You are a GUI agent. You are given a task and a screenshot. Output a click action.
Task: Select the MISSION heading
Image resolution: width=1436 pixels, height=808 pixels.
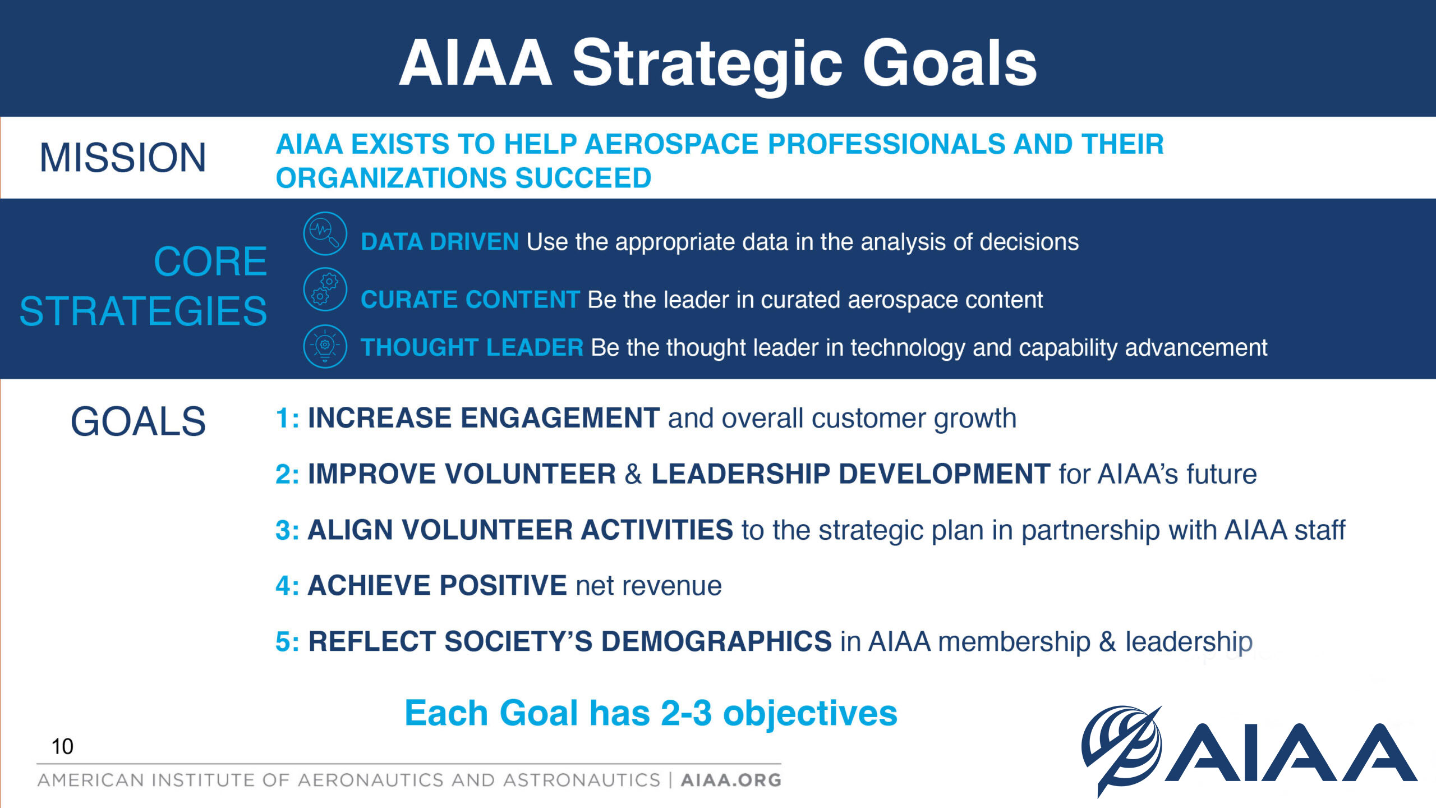coord(123,158)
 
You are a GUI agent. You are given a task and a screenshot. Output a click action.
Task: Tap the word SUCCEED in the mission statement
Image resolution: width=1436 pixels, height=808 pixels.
coord(583,178)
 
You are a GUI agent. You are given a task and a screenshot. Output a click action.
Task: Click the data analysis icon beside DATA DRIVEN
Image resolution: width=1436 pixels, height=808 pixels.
coord(325,233)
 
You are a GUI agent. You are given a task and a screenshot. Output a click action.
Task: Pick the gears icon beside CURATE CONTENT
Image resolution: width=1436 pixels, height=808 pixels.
coord(325,290)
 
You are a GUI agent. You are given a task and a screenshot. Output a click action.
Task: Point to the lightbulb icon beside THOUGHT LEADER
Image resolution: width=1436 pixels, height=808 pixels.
coord(325,346)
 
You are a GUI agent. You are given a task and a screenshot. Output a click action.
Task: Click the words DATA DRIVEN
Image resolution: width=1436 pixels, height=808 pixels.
coord(440,242)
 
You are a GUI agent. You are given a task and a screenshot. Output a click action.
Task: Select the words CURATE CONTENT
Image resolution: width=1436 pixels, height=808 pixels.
coord(470,300)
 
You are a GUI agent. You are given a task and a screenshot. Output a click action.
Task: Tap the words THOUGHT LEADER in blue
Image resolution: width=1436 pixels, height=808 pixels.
coord(472,347)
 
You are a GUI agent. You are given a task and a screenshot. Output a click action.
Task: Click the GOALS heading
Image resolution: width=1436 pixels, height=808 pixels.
coord(138,421)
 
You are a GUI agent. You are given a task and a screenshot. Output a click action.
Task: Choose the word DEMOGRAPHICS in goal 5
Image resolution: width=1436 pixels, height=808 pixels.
coord(716,641)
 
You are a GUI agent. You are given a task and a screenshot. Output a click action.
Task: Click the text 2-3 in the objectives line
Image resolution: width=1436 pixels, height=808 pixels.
coord(686,713)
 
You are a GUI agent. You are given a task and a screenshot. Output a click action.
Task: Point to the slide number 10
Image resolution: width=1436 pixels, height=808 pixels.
coord(62,747)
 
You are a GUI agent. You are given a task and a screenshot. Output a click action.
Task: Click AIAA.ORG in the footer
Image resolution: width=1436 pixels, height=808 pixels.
coord(731,780)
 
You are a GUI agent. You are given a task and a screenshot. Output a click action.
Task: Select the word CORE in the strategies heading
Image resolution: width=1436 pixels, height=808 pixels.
coord(210,262)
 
